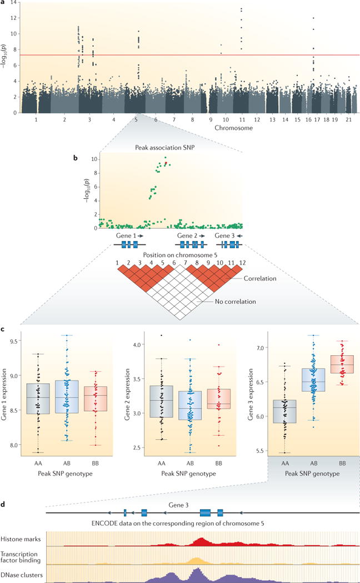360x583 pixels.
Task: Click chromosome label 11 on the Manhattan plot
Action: point(241,119)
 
